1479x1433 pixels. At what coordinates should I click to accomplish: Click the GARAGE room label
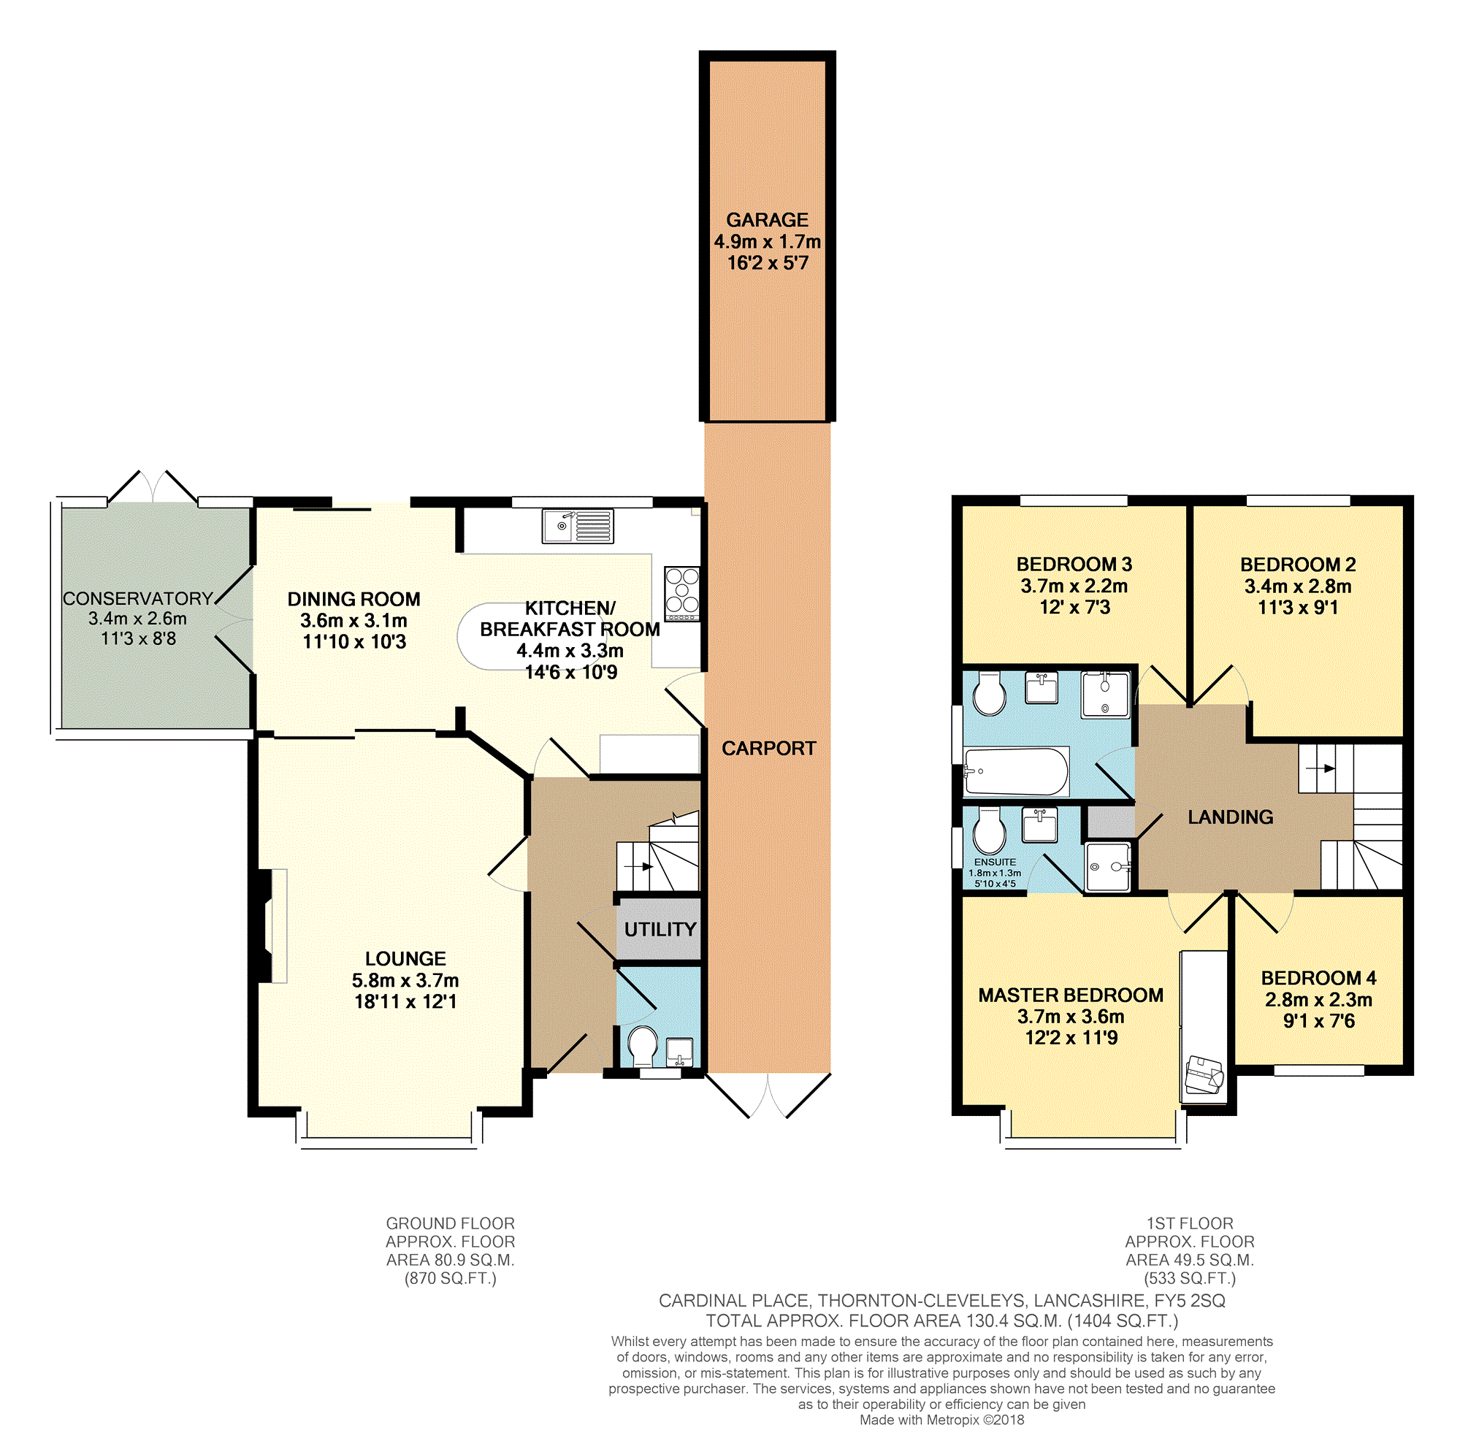pos(767,220)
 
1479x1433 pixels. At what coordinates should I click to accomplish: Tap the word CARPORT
pos(768,748)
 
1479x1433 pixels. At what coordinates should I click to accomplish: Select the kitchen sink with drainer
pos(577,526)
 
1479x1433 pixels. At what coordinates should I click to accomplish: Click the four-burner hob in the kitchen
pos(682,594)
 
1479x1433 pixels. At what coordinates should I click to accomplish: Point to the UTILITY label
pos(660,929)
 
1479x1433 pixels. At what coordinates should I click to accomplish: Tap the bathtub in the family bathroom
pos(1017,772)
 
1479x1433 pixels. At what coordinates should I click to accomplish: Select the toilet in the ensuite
pos(988,831)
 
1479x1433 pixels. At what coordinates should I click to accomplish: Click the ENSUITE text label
pos(995,862)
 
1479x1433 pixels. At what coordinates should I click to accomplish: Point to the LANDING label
pos(1230,817)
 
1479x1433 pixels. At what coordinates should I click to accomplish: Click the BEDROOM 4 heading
pos(1318,977)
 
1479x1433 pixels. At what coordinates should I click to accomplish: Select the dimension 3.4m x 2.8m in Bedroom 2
pos(1298,586)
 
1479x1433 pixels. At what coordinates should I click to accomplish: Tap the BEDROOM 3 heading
pos(1074,564)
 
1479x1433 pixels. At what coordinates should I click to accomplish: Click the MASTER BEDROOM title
pos(1071,995)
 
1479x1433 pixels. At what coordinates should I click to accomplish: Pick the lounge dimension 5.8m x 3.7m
pos(405,980)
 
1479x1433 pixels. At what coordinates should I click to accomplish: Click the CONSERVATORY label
pos(137,598)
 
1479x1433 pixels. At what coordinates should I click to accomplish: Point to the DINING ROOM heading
pos(354,599)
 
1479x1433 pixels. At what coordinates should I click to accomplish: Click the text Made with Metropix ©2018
pos(941,1419)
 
